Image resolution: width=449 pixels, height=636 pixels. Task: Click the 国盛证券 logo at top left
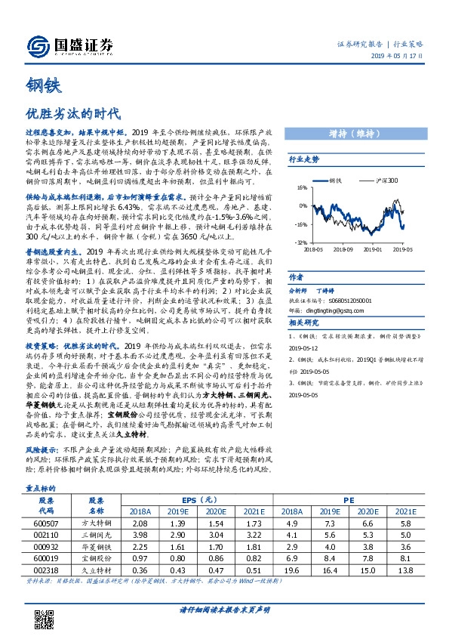[x=71, y=45]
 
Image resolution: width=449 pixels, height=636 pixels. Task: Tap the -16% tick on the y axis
[x=301, y=224]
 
